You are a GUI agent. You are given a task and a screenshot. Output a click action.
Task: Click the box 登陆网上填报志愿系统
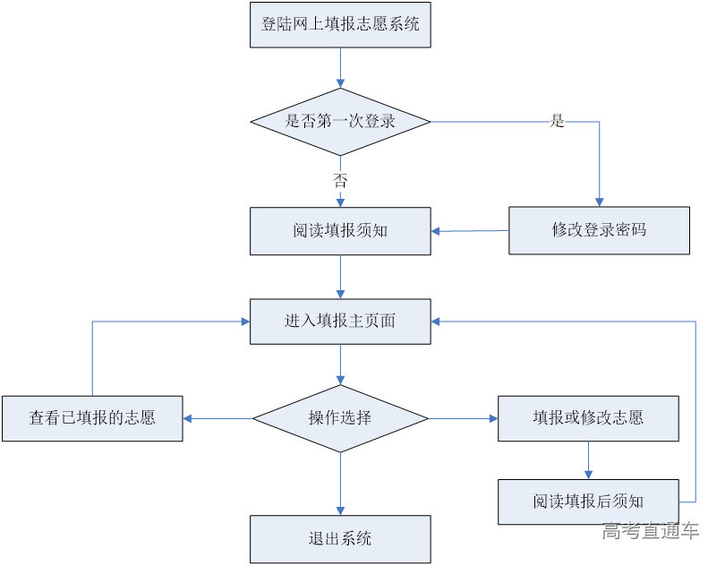tap(340, 25)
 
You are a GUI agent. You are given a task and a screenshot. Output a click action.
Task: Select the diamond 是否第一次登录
tap(340, 121)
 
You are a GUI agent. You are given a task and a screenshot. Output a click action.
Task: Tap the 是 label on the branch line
tap(557, 122)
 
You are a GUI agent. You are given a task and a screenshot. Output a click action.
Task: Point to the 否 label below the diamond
tap(340, 180)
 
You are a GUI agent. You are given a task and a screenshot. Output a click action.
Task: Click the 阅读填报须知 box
tap(340, 230)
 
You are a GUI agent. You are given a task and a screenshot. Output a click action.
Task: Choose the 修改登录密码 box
tap(599, 230)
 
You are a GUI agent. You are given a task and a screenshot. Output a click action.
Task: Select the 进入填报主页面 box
tap(340, 322)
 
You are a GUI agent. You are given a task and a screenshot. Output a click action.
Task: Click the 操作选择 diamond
tap(340, 418)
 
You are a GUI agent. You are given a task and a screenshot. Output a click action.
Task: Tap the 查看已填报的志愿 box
tap(92, 418)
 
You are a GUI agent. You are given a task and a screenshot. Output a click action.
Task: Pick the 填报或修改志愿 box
tap(588, 418)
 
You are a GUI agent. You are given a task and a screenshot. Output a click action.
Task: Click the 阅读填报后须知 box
tap(588, 502)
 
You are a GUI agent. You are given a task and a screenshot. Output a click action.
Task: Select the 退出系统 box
tap(340, 538)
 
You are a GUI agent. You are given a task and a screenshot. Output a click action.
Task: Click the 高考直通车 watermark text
tap(651, 531)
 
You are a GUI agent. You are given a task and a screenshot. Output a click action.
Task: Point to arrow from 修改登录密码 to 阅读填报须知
tap(470, 231)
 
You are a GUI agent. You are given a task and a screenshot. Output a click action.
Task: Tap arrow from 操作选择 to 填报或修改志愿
tap(464, 418)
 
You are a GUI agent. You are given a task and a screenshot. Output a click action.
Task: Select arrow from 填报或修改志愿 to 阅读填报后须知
tap(588, 460)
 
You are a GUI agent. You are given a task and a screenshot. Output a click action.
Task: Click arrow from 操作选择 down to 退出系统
tap(340, 484)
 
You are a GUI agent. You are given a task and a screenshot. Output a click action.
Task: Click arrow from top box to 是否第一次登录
tap(340, 67)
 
